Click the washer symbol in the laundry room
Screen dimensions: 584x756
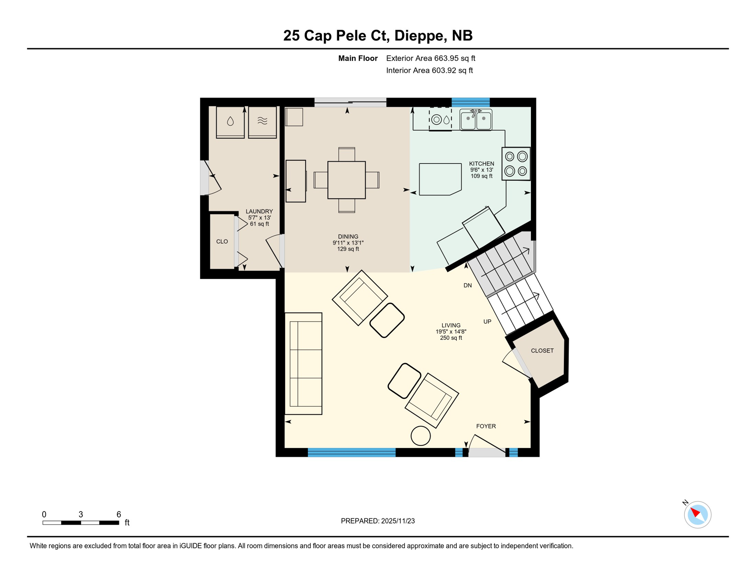point(230,122)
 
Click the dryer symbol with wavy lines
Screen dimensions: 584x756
point(262,122)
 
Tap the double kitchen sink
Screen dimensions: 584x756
point(476,120)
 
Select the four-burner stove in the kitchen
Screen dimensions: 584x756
point(516,164)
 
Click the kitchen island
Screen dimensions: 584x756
point(440,179)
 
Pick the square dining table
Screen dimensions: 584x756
point(346,180)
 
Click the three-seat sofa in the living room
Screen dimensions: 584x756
point(303,363)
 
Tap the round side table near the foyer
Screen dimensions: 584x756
point(421,436)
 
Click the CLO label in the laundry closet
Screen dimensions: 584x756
point(222,242)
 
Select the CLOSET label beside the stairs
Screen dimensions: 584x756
point(542,351)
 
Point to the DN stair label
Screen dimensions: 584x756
point(467,286)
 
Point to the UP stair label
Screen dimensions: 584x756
point(487,322)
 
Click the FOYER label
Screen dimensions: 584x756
point(486,426)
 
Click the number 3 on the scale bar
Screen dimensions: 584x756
point(81,514)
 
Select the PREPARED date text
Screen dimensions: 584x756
point(378,521)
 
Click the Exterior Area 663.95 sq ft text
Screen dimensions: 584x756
point(430,58)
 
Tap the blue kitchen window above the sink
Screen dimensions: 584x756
point(470,102)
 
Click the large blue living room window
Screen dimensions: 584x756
point(351,452)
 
